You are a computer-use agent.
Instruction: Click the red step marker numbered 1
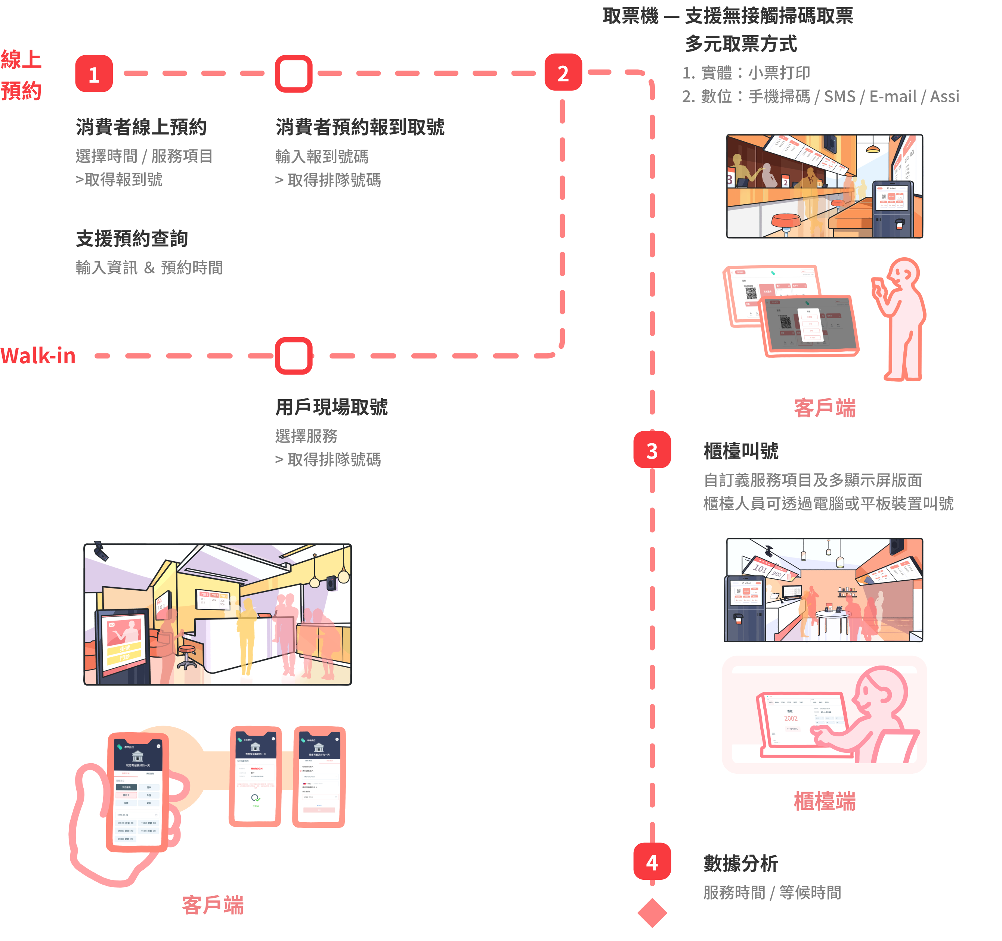click(x=94, y=74)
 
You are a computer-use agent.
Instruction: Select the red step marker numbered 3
click(x=652, y=450)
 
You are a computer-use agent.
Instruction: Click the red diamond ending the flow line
click(x=652, y=912)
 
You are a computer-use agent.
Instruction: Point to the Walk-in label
click(x=38, y=355)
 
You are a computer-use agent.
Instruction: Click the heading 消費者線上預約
click(x=141, y=127)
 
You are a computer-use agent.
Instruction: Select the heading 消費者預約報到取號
click(x=360, y=127)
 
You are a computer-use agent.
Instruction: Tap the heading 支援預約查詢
click(x=132, y=238)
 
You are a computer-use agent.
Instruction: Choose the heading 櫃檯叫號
click(x=740, y=451)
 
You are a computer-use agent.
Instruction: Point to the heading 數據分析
click(x=740, y=863)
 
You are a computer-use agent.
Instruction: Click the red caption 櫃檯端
click(x=824, y=801)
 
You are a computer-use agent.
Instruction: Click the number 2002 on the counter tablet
click(x=790, y=718)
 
